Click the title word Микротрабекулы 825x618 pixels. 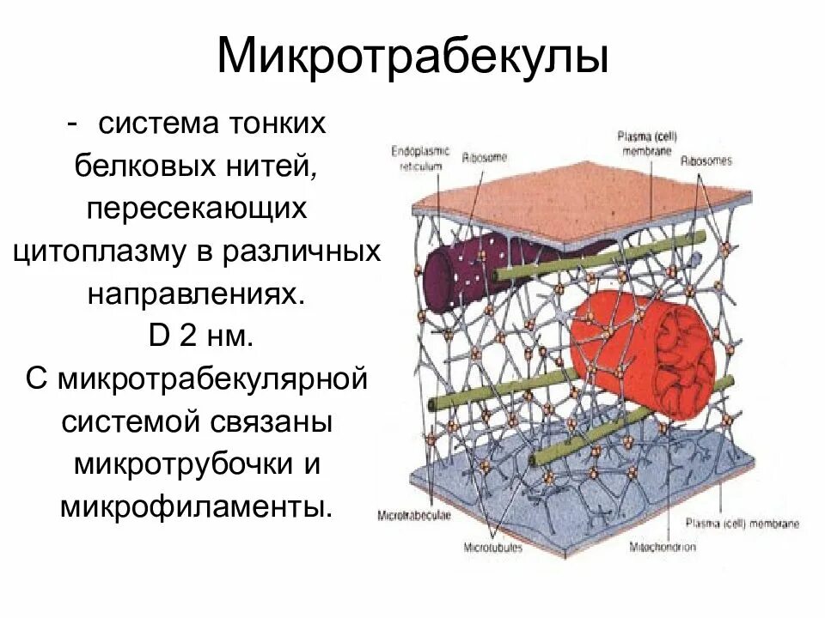coord(412,58)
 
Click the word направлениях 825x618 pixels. coord(196,293)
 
